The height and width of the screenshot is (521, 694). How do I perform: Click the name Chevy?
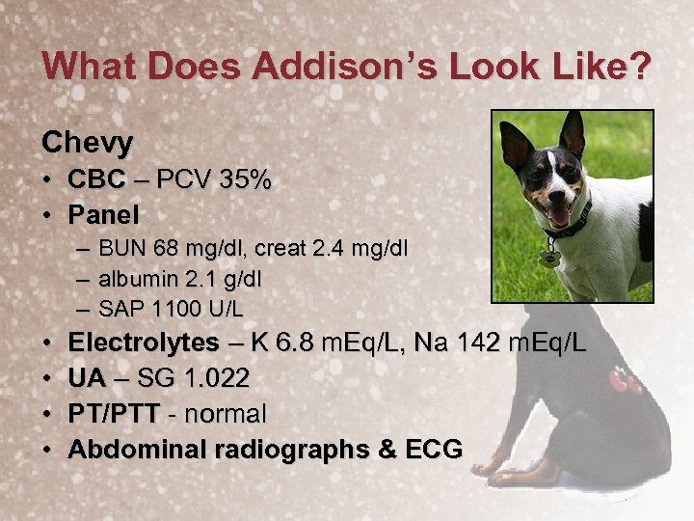tap(88, 143)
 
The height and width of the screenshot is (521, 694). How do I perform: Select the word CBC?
tap(95, 179)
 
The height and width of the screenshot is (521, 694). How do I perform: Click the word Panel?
tap(103, 213)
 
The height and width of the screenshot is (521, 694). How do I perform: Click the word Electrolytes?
tap(144, 343)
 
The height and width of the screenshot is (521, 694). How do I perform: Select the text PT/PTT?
tap(113, 414)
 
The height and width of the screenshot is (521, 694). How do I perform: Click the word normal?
tap(227, 414)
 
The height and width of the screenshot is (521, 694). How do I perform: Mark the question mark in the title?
tap(639, 68)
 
